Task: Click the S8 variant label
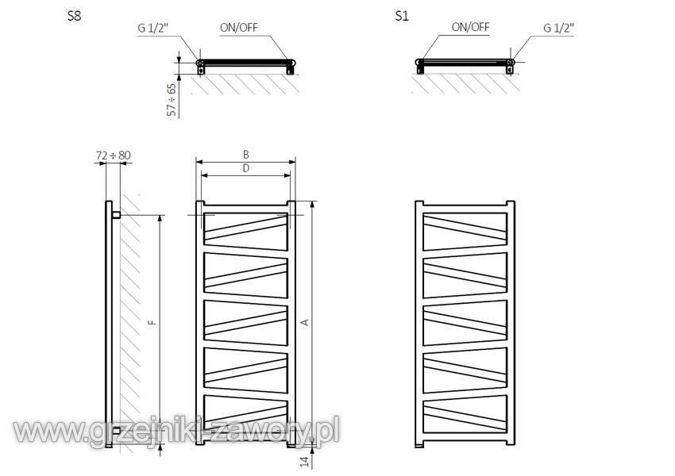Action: pyautogui.click(x=75, y=16)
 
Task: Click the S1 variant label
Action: pyautogui.click(x=401, y=16)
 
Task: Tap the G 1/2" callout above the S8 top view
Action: pyautogui.click(x=152, y=28)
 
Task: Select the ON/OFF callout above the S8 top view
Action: pyautogui.click(x=239, y=28)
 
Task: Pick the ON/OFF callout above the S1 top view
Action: pyautogui.click(x=471, y=27)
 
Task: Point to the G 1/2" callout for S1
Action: pyautogui.click(x=559, y=28)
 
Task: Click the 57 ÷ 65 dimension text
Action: pyautogui.click(x=172, y=100)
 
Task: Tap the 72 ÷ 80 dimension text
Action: pyautogui.click(x=114, y=155)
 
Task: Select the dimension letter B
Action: pyautogui.click(x=246, y=155)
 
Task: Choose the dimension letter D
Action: pyautogui.click(x=246, y=168)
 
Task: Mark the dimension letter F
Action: pyautogui.click(x=152, y=322)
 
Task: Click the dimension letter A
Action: pyautogui.click(x=305, y=322)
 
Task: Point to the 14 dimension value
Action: pyautogui.click(x=305, y=462)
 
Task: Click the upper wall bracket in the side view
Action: pyautogui.click(x=116, y=215)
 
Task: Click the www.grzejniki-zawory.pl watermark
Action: pyautogui.click(x=176, y=431)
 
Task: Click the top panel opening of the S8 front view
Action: pyautogui.click(x=246, y=232)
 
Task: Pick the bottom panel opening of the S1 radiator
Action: pyautogui.click(x=465, y=414)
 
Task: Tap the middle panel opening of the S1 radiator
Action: pyautogui.click(x=465, y=323)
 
